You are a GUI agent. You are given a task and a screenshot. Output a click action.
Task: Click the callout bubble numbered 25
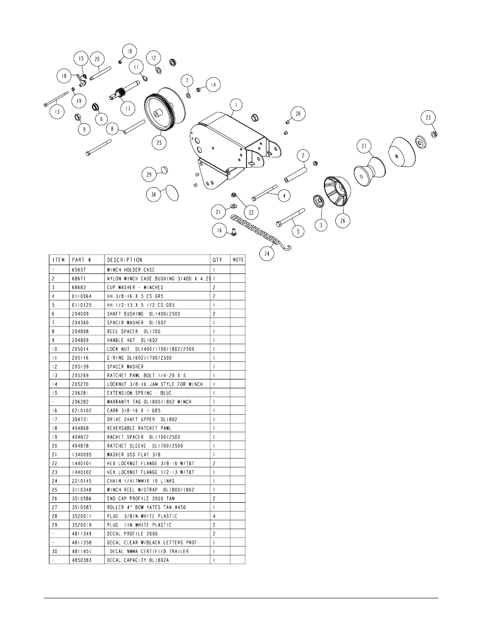pyautogui.click(x=159, y=141)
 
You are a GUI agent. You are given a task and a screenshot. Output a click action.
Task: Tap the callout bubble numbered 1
pyautogui.click(x=236, y=106)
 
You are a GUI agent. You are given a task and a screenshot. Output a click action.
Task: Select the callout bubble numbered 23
pyautogui.click(x=428, y=118)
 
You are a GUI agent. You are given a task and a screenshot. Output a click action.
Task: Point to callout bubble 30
pyautogui.click(x=153, y=195)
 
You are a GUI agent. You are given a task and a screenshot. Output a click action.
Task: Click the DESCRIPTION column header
pyautogui.click(x=125, y=260)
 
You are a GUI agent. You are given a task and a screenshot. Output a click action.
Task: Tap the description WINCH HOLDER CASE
pyautogui.click(x=130, y=270)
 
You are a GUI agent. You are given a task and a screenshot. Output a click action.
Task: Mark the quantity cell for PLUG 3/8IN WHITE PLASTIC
pyautogui.click(x=214, y=516)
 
